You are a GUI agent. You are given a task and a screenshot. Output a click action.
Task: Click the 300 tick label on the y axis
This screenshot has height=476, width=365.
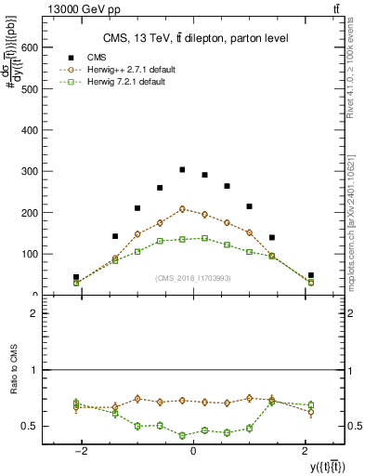[32, 171]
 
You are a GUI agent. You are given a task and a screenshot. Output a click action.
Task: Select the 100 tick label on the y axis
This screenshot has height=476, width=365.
[32, 254]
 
